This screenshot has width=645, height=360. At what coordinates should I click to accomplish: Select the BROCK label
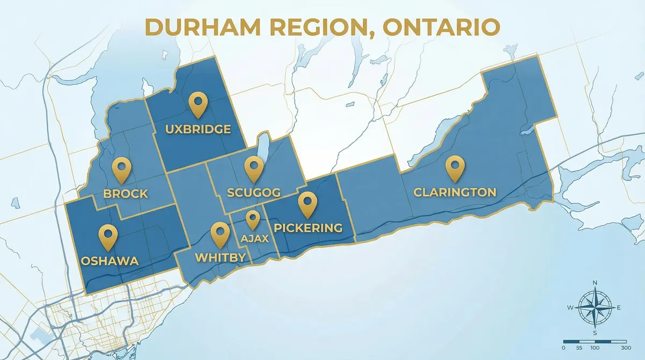pyautogui.click(x=126, y=194)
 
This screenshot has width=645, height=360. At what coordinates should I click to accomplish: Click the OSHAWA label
pyautogui.click(x=110, y=261)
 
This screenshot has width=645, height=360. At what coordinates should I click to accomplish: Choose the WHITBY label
pyautogui.click(x=220, y=257)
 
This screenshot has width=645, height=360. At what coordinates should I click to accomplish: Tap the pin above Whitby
pyautogui.click(x=220, y=234)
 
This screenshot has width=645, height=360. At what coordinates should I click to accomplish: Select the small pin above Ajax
pyautogui.click(x=253, y=219)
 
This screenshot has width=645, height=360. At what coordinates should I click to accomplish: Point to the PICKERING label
pyautogui.click(x=308, y=228)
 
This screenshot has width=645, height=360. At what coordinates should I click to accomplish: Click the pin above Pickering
pyautogui.click(x=307, y=203)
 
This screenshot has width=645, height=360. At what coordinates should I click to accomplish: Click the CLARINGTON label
pyautogui.click(x=454, y=192)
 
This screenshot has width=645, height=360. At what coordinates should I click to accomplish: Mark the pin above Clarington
pyautogui.click(x=455, y=167)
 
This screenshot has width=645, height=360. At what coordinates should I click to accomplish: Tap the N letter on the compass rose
pyautogui.click(x=594, y=283)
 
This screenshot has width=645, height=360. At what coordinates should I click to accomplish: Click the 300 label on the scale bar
pyautogui.click(x=626, y=348)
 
